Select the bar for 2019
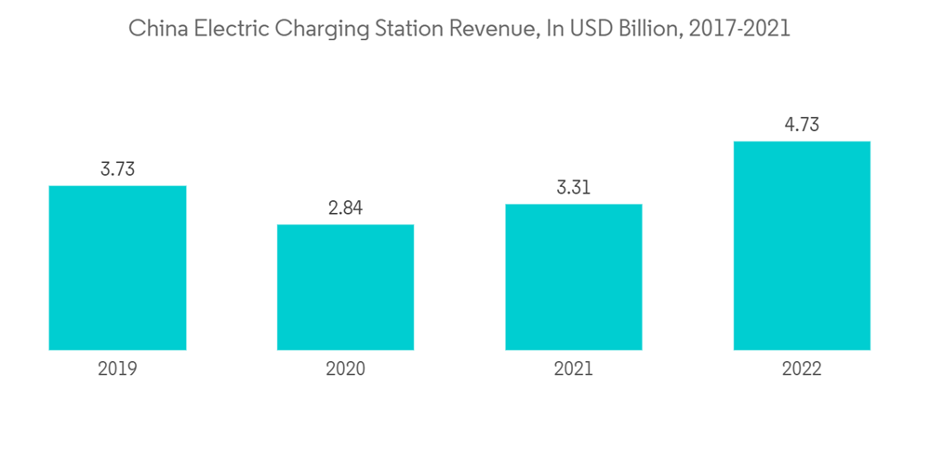point(117,268)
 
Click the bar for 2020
point(345,287)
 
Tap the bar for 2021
point(573,277)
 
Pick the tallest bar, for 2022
point(802,246)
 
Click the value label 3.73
point(117,169)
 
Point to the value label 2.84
point(345,208)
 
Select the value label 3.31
point(573,188)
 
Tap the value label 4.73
point(802,125)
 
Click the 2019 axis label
point(117,368)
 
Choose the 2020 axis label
point(345,368)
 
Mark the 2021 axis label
point(573,368)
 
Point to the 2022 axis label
point(802,368)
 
